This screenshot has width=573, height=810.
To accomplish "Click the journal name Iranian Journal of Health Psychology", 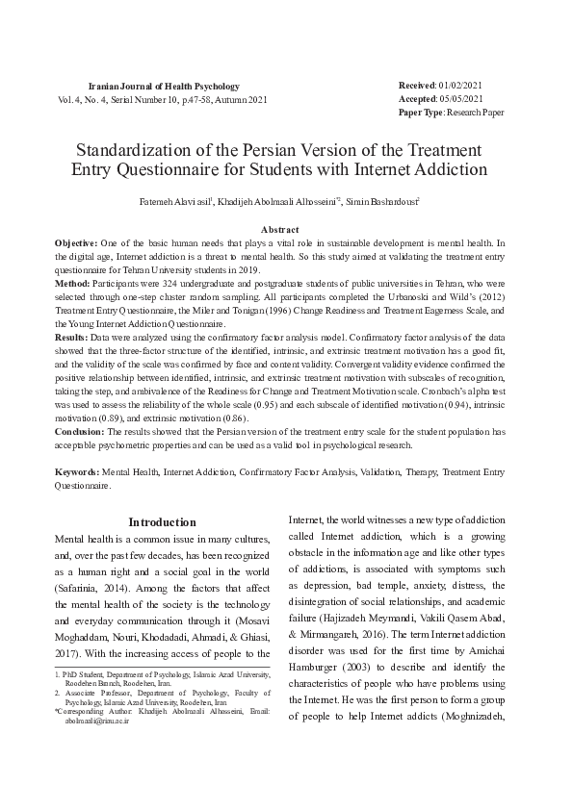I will tap(163, 87).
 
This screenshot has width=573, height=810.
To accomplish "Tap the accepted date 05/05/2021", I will tap(459, 99).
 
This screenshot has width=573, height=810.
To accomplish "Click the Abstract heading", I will tap(280, 231).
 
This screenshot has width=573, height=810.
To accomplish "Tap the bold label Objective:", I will tap(76, 245).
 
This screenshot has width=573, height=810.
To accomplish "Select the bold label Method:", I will tap(72, 286).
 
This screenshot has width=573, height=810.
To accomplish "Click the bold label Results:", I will tap(73, 339).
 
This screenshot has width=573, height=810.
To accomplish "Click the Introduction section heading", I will tap(163, 522).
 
